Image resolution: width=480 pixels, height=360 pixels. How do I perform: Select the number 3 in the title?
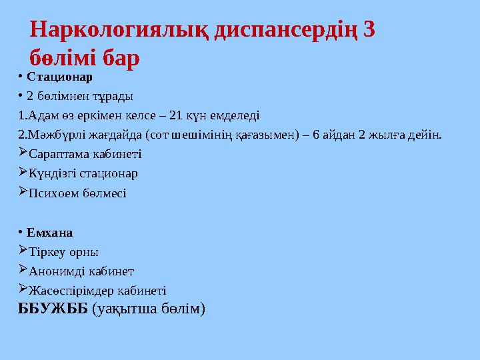[371, 30]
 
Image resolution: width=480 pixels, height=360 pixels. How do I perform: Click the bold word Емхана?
[50, 233]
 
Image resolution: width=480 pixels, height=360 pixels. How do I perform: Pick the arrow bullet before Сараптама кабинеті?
[23, 153]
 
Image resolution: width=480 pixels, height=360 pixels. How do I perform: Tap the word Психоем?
[54, 193]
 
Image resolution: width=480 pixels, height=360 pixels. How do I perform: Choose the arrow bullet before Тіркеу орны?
[23, 251]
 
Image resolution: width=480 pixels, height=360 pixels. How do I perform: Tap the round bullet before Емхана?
[21, 233]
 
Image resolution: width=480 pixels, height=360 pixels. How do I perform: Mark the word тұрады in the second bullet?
[114, 95]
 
